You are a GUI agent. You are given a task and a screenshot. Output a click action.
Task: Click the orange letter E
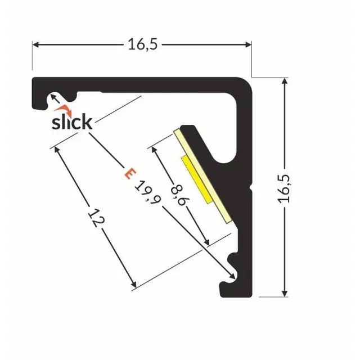(x=129, y=174)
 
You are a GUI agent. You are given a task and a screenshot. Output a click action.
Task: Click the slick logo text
(x=71, y=122)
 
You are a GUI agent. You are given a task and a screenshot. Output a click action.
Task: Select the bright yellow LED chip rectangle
(x=196, y=179)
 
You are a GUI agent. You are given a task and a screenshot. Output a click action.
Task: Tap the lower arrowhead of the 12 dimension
(x=133, y=284)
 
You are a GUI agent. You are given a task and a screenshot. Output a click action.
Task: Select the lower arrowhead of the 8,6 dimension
(x=208, y=243)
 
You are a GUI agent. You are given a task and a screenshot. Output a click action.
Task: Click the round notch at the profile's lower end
(x=233, y=262)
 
